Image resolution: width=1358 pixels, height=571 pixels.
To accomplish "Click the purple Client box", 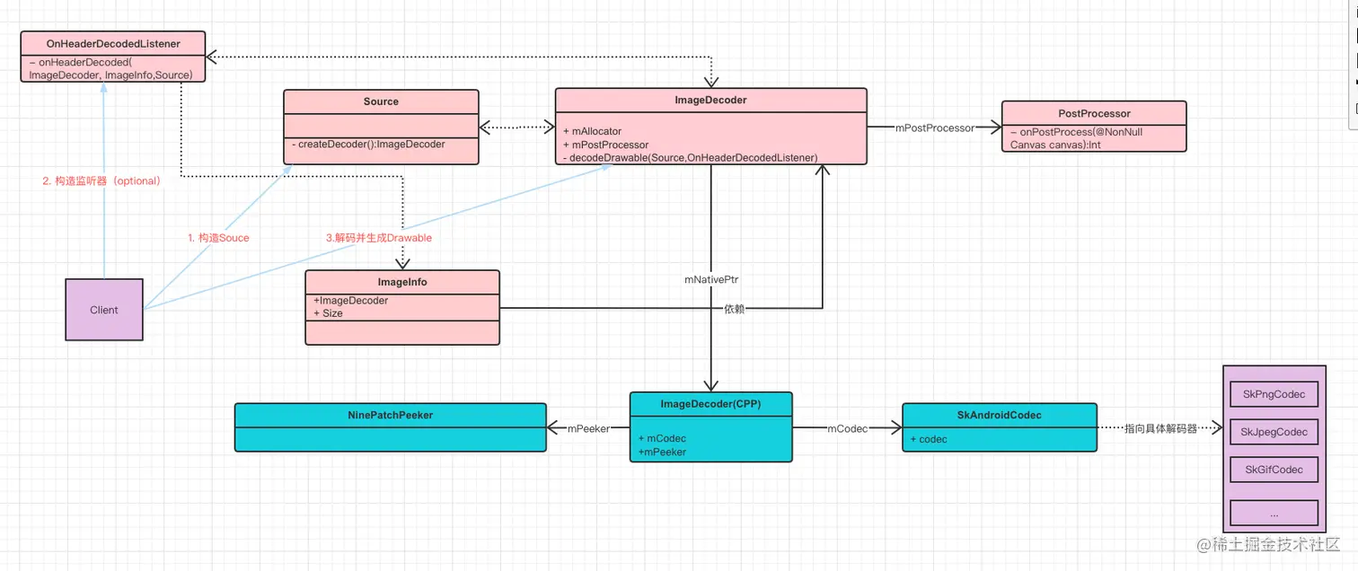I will click(x=104, y=310).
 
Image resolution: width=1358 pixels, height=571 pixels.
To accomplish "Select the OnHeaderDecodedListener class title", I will click(x=113, y=43).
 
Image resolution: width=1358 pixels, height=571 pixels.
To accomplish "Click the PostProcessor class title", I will click(x=1093, y=113).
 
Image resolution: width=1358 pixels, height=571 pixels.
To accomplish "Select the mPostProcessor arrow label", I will click(x=934, y=128).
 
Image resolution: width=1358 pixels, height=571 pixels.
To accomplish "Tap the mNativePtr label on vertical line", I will click(x=711, y=280).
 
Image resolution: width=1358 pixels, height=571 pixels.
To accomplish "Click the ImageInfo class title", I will click(x=402, y=282).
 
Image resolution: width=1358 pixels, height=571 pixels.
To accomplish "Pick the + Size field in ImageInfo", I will click(x=328, y=313).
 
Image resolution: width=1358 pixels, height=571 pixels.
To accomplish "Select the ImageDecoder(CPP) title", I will click(x=710, y=404).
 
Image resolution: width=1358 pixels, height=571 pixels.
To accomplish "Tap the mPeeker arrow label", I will click(x=587, y=429).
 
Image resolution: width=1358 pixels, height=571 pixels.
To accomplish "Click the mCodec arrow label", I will click(x=847, y=429).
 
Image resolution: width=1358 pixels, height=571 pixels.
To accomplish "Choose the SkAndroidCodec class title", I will click(x=999, y=415).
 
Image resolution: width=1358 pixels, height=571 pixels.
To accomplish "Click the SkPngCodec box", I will click(x=1274, y=394).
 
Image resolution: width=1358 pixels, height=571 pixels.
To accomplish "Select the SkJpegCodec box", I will click(x=1274, y=432).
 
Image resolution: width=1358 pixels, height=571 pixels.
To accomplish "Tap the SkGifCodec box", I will click(x=1274, y=470).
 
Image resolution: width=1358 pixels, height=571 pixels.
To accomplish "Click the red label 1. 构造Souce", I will click(x=218, y=238).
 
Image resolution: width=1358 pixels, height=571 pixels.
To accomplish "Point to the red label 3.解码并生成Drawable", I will click(x=378, y=238).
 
